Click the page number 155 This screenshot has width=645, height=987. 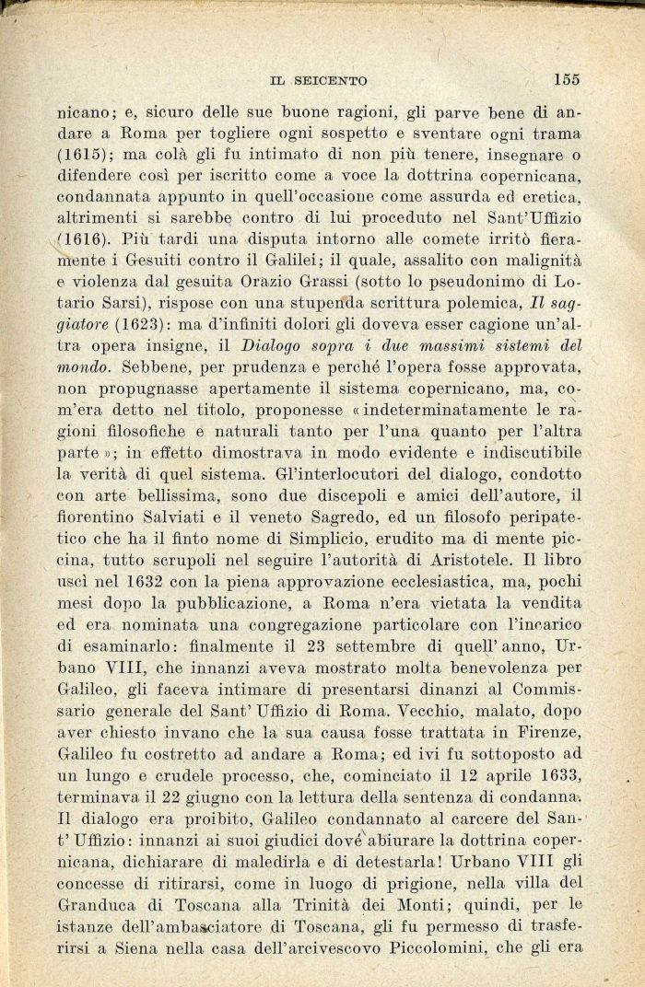pyautogui.click(x=567, y=79)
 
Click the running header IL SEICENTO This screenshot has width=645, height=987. pyautogui.click(x=318, y=81)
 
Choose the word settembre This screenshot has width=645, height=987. pyautogui.click(x=362, y=644)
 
